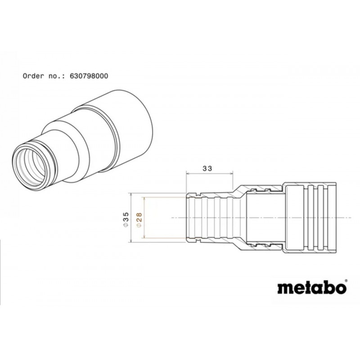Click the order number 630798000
89,76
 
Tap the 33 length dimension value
207,168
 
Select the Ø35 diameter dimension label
126,220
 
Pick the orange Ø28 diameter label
139,220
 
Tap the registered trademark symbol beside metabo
346,281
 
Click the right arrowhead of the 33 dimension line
232,174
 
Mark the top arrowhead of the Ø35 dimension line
131,195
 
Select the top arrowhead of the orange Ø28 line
144,199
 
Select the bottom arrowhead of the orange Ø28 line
144,236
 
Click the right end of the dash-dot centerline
351,217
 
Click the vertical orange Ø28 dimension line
144,217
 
